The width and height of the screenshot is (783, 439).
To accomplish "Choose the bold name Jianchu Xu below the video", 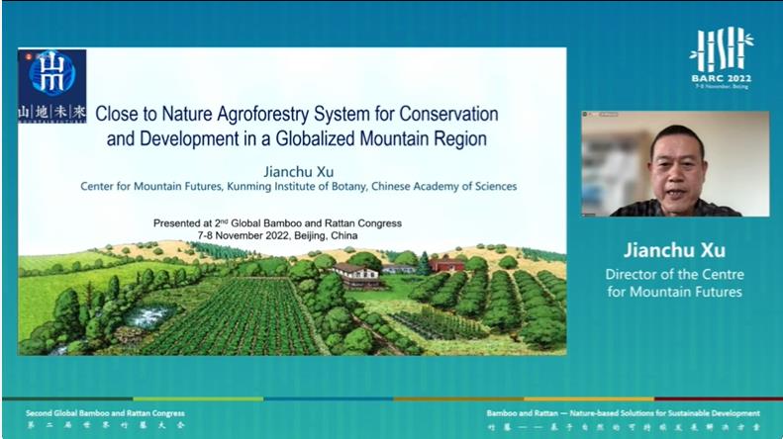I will (x=674, y=250).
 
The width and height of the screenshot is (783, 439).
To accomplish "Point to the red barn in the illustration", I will (x=447, y=265).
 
